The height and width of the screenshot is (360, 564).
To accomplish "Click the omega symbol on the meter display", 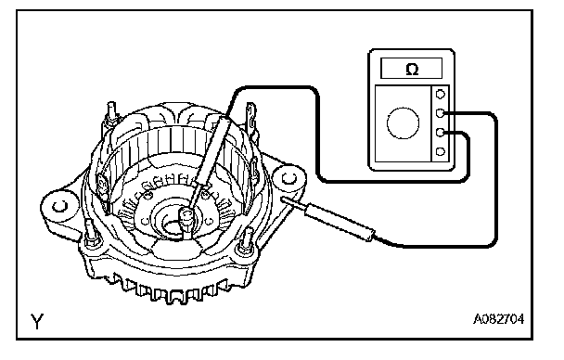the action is (x=412, y=69).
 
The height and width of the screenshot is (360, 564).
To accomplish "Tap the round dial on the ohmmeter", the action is (x=403, y=122).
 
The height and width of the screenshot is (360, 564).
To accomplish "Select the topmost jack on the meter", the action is (x=441, y=95).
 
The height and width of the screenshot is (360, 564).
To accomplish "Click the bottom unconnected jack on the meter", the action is (x=441, y=151).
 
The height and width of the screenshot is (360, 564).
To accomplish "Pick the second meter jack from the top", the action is (x=441, y=113).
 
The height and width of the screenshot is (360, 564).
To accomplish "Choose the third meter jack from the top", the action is (x=441, y=133).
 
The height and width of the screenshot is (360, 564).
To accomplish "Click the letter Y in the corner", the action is (x=37, y=320).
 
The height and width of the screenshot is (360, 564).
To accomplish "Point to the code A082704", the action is (x=498, y=319).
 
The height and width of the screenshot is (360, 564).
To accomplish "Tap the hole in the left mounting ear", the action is (x=59, y=206).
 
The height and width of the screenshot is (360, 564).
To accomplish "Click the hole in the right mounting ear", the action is (x=288, y=178).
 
